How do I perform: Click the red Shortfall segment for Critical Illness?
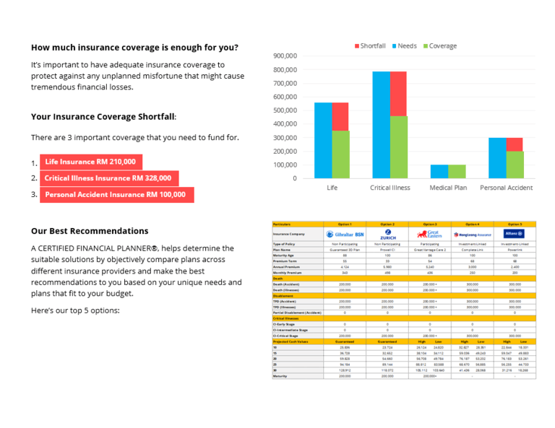398,93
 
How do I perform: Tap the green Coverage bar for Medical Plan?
456,171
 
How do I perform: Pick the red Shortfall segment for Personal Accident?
515,144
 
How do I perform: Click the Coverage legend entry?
439,46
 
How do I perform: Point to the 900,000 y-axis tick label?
285,56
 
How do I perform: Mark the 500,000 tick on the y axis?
285,110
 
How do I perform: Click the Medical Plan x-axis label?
448,188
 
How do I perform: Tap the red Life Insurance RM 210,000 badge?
90,162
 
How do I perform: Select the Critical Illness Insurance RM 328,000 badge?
108,178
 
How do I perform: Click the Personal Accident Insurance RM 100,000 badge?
115,194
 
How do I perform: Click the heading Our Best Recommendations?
90,231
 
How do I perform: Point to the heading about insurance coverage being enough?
134,48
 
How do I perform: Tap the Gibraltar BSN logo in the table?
345,235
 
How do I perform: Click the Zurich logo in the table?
387,235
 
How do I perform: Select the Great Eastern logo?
429,235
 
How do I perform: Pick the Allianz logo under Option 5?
515,234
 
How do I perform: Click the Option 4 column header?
473,224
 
